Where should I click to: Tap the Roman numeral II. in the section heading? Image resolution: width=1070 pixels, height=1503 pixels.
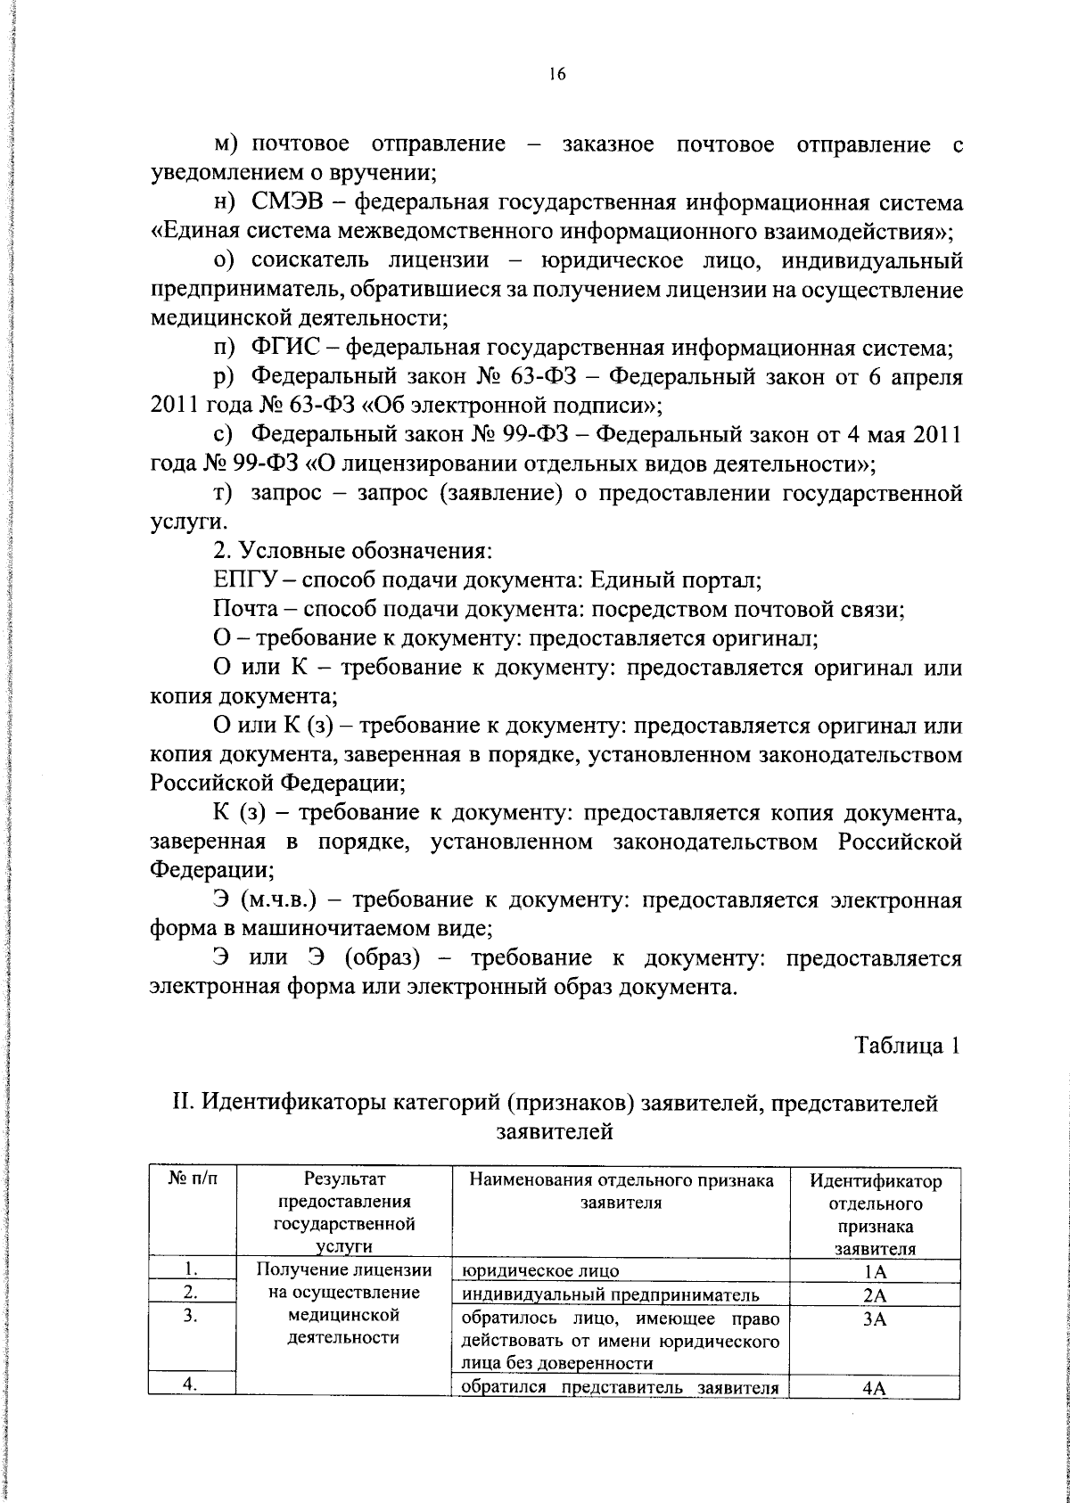184,1105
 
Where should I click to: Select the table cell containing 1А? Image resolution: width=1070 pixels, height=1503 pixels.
875,1272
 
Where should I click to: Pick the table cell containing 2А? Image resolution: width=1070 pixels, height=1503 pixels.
875,1295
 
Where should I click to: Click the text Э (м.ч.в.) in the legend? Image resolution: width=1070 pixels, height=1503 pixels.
265,899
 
